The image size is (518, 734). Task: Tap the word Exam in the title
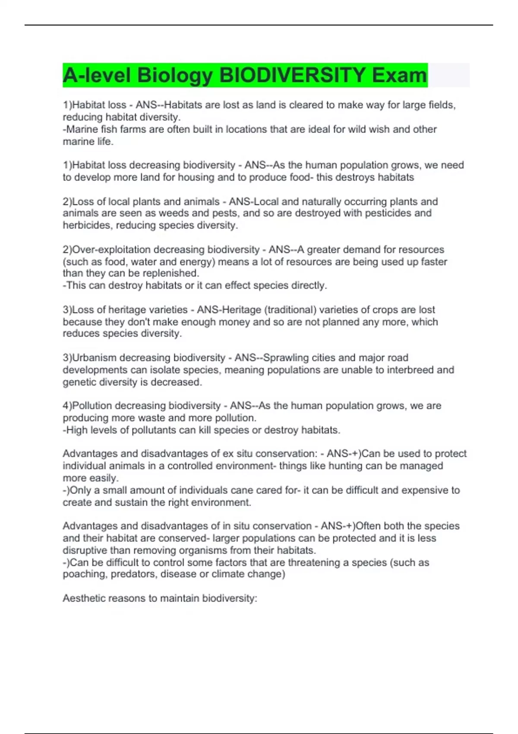point(399,75)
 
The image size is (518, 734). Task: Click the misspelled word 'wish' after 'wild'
point(380,129)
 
